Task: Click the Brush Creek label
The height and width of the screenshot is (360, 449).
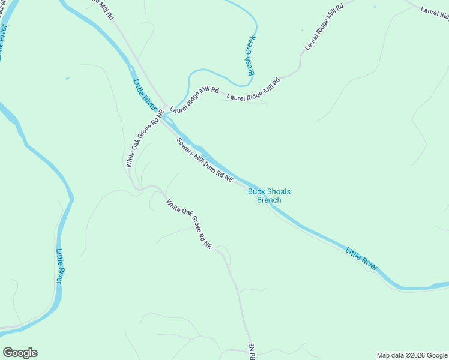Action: [x=250, y=55]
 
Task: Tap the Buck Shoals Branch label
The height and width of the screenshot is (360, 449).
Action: [x=269, y=196]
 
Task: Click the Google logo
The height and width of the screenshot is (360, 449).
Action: [x=20, y=353]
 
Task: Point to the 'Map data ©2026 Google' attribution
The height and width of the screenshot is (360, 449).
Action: [x=411, y=355]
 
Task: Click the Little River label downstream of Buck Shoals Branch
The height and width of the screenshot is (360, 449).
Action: [x=361, y=258]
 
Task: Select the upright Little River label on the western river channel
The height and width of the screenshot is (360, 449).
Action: [x=61, y=267]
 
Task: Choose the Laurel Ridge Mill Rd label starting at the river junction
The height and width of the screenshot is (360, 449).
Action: [x=194, y=100]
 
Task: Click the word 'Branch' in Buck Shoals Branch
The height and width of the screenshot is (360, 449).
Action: [x=269, y=200]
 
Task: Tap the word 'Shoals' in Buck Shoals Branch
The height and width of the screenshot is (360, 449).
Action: [x=279, y=191]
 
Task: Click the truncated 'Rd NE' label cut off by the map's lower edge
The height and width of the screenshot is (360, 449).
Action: [x=252, y=352]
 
